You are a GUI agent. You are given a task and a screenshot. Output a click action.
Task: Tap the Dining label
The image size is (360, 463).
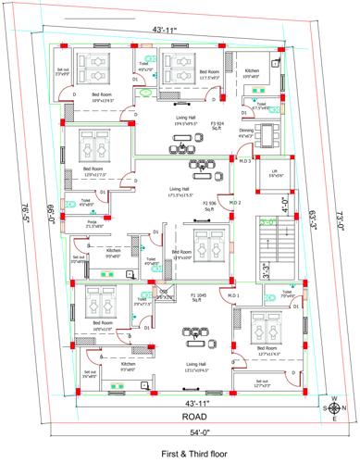pyautogui.click(x=246, y=132)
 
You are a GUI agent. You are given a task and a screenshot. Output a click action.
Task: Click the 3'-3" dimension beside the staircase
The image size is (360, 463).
pyautogui.click(x=267, y=270)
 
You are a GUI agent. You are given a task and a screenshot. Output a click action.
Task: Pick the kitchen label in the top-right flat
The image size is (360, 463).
pyautogui.click(x=252, y=72)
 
